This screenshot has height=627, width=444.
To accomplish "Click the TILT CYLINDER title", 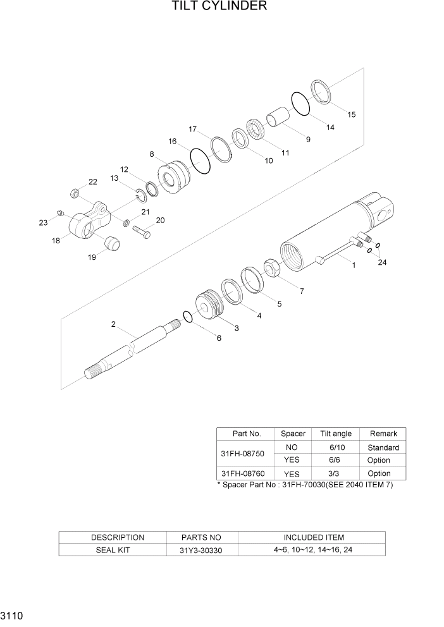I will pyautogui.click(x=218, y=7).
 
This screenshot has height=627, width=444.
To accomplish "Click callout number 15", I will pyautogui.click(x=351, y=114).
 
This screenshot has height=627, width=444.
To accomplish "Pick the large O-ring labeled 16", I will pyautogui.click(x=200, y=161).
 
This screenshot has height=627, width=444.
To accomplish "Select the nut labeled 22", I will pyautogui.click(x=74, y=193).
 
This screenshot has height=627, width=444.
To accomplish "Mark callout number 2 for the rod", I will pyautogui.click(x=113, y=324).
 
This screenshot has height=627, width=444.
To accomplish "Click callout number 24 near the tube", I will pyautogui.click(x=381, y=263).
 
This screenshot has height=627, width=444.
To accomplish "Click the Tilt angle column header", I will pyautogui.click(x=335, y=434).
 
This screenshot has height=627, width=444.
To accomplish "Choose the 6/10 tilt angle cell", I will pyautogui.click(x=335, y=447).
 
